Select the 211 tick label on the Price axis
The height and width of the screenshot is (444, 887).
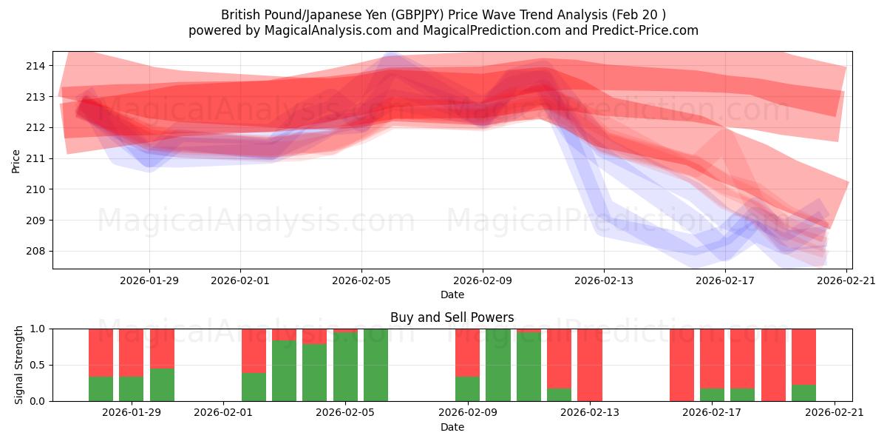pyautogui.click(x=35, y=158)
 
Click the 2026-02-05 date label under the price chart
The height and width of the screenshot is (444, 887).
pyautogui.click(x=361, y=280)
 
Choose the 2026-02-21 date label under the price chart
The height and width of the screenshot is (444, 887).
pyautogui.click(x=846, y=280)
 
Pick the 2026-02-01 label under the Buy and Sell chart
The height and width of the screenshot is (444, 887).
pyautogui.click(x=223, y=412)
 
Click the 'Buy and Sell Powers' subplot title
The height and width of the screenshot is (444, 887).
pyautogui.click(x=452, y=317)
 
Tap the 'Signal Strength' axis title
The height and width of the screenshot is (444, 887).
pyautogui.click(x=19, y=365)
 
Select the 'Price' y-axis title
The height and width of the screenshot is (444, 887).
pyautogui.click(x=16, y=160)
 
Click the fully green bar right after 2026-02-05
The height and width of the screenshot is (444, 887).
pyautogui.click(x=375, y=365)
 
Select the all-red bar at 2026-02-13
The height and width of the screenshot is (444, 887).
pyautogui.click(x=590, y=365)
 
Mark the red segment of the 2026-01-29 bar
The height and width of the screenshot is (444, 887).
pyautogui.click(x=132, y=352)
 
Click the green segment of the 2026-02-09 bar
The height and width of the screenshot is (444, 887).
pyautogui.click(x=467, y=389)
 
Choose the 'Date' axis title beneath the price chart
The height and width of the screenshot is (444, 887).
pyautogui.click(x=452, y=295)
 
